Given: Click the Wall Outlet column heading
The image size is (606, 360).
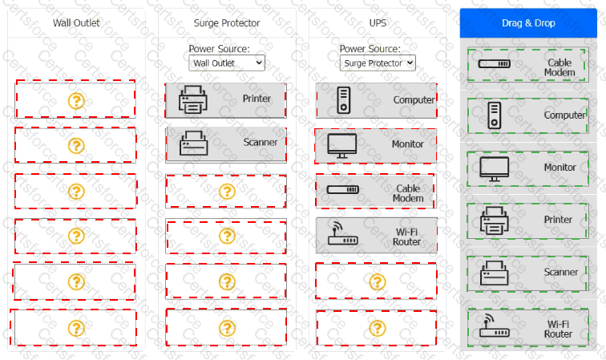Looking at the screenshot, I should click(x=76, y=22).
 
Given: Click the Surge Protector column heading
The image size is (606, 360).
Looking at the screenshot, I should click(x=227, y=22).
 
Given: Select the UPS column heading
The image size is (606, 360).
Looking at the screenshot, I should click(x=378, y=22).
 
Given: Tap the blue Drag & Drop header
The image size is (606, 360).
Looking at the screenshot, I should click(x=528, y=22).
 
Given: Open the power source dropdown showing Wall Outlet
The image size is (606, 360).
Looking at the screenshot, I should click(x=227, y=62).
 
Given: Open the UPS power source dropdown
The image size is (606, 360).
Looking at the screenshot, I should click(x=378, y=62).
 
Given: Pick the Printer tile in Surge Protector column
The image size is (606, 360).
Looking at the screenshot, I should click(x=226, y=99).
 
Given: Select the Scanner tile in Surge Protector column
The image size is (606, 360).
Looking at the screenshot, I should click(x=226, y=144).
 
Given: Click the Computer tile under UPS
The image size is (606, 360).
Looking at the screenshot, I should click(x=377, y=100).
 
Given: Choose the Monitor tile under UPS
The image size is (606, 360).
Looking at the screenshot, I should click(x=377, y=145).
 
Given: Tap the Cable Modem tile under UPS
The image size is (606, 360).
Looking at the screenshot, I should click(x=377, y=192).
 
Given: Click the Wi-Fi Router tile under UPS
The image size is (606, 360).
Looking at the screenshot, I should click(x=377, y=236).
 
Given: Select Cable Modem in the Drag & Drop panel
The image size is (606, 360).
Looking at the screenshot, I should click(x=528, y=66).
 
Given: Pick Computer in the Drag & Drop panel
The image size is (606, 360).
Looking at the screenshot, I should click(x=528, y=115).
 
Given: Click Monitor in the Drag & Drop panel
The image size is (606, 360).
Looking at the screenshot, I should click(x=528, y=168).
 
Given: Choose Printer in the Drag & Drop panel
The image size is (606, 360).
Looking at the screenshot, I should click(x=528, y=220).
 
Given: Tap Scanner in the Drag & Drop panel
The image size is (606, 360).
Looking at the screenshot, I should click(x=528, y=273).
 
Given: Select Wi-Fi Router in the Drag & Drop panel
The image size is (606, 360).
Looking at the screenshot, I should click(x=528, y=327).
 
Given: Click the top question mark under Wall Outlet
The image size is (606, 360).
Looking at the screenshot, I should click(x=75, y=100).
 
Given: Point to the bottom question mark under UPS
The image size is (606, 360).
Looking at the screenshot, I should click(x=377, y=327).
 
